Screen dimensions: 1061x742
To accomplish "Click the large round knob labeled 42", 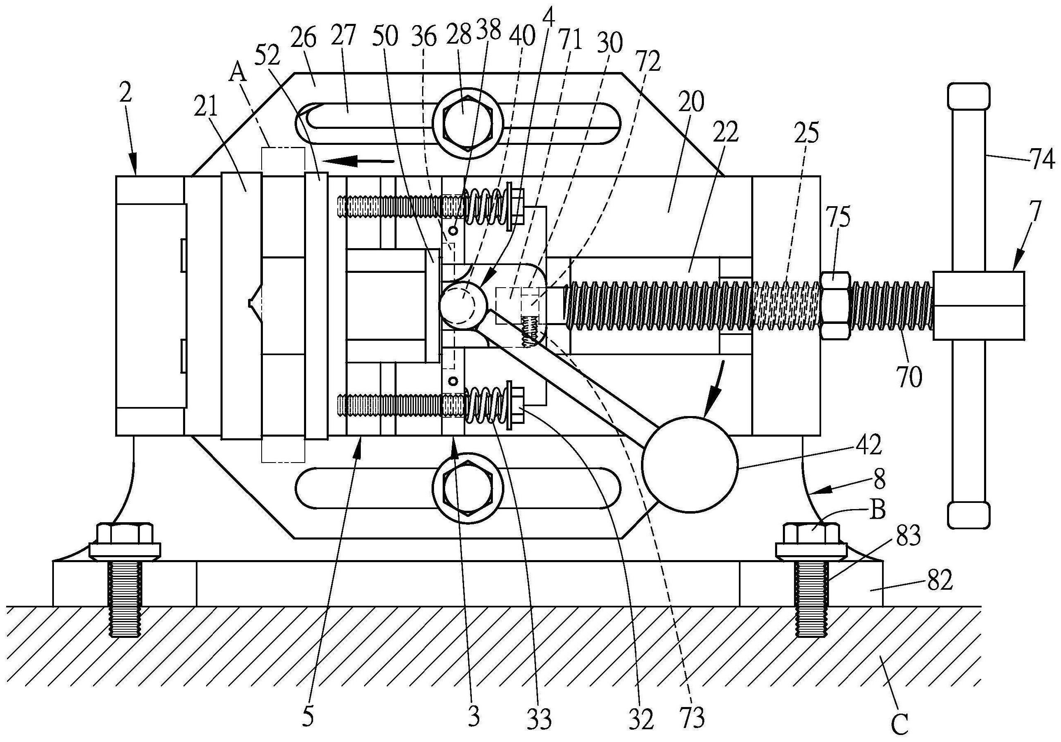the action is pos(690,464).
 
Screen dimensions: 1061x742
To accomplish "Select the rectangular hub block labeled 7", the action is pos(978,306).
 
